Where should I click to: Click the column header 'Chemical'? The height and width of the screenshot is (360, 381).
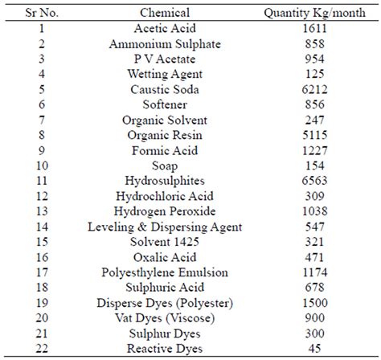[164, 13]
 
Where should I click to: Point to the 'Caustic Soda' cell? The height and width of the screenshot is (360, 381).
[164, 89]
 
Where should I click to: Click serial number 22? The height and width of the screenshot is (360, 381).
[39, 348]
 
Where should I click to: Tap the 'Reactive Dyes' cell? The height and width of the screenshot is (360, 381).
[164, 348]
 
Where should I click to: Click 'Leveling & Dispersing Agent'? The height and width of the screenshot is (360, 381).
[164, 227]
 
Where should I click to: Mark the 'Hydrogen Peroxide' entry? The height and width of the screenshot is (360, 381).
[164, 212]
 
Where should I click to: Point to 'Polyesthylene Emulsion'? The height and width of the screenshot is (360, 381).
[164, 273]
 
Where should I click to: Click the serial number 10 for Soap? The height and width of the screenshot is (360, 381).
[39, 166]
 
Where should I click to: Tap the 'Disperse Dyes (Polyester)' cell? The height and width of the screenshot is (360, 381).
[164, 303]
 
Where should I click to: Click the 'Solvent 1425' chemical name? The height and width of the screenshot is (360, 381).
[164, 243]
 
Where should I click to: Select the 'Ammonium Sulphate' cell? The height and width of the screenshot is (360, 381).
[164, 44]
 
